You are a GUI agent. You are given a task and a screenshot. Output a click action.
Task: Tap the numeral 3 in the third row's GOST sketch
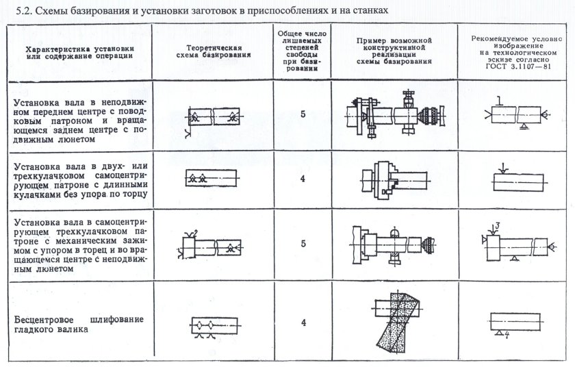click(x=499, y=225)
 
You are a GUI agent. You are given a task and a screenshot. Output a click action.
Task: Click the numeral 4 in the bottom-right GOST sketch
click(x=505, y=335)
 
